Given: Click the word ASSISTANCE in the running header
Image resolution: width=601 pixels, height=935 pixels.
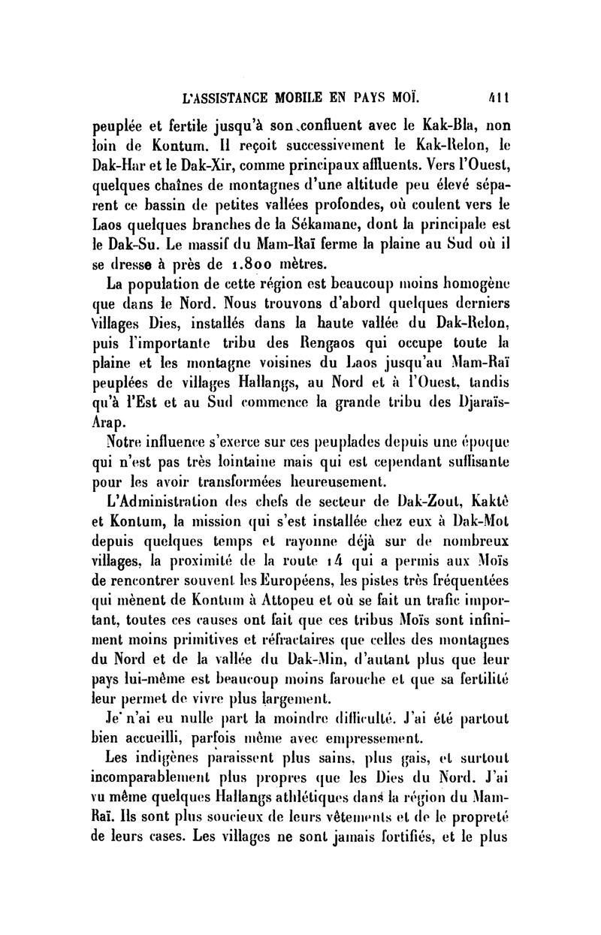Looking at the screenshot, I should [x=248, y=98].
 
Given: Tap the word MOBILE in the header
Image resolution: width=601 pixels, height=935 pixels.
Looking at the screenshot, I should [x=327, y=98].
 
